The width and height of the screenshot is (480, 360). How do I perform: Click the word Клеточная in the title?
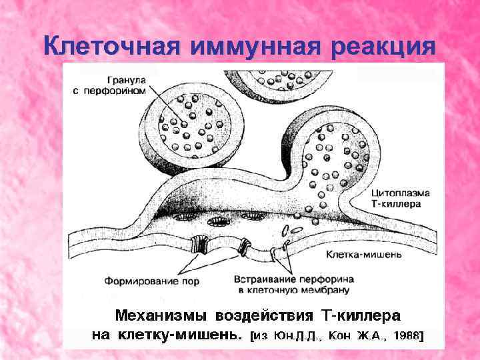111,47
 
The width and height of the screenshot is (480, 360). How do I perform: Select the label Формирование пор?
151,281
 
